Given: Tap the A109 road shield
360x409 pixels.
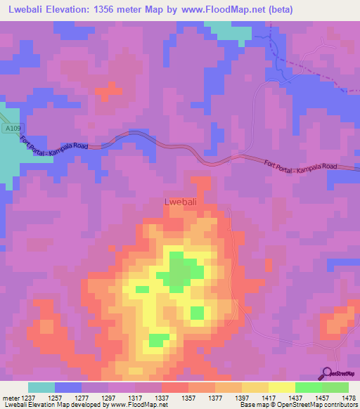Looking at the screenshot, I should click(10, 129).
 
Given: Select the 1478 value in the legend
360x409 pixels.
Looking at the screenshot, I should click(347, 398).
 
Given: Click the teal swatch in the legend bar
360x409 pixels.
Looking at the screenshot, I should click(41, 387).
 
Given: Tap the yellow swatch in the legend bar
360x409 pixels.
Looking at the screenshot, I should click(282, 387).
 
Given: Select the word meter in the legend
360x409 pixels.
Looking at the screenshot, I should click(11, 398).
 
